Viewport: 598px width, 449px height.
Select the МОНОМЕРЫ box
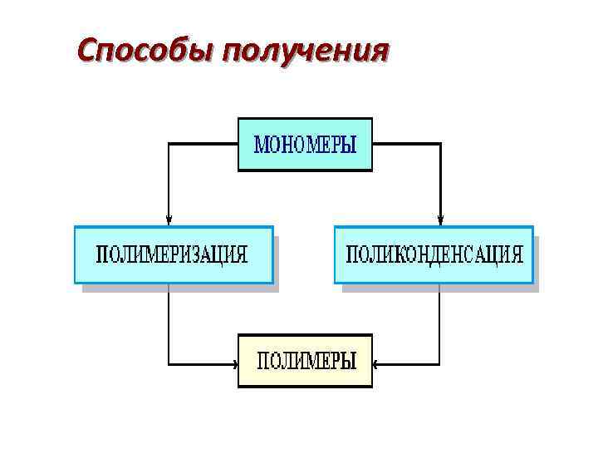click(x=305, y=145)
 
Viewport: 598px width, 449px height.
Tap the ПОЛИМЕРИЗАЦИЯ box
click(x=173, y=254)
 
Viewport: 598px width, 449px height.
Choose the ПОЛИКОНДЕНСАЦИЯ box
click(x=434, y=254)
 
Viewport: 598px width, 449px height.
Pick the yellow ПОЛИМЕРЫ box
click(x=305, y=362)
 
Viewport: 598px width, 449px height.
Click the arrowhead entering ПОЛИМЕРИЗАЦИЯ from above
click(x=169, y=220)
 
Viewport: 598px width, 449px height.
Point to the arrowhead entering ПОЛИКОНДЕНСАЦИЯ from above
click(x=441, y=220)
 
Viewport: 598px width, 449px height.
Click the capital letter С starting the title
click(x=86, y=50)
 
